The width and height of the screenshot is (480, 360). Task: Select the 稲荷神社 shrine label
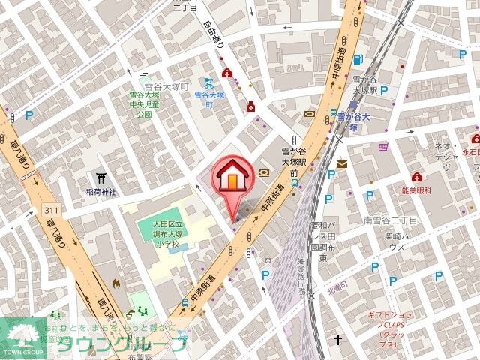pyautogui.click(x=100, y=192)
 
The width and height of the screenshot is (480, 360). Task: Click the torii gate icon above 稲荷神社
pyautogui.click(x=100, y=178)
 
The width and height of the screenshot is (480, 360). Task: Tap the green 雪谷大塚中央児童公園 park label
pyautogui.click(x=142, y=106)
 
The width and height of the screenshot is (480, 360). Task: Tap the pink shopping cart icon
pyautogui.click(x=383, y=146)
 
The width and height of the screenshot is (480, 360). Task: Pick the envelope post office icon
pyautogui.click(x=342, y=163)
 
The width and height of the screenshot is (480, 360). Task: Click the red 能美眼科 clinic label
pyautogui.click(x=417, y=191)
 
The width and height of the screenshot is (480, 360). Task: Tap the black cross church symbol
pyautogui.click(x=338, y=340)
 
